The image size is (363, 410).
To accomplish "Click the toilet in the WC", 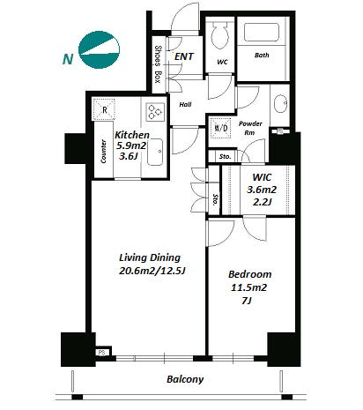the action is (x=220, y=35).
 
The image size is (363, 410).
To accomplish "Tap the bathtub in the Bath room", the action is (x=262, y=32).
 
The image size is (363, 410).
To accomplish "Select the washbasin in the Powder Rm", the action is (x=280, y=103).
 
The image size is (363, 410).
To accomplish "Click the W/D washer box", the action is (x=221, y=128).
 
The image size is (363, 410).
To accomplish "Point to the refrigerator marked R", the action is (x=104, y=109).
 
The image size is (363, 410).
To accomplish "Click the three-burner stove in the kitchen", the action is (x=155, y=112).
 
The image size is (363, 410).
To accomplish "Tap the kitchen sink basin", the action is (x=155, y=152).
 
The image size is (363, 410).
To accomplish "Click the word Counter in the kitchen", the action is (x=103, y=151).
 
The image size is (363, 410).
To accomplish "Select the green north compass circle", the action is (x=99, y=50).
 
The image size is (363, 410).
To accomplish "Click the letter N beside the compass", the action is (x=68, y=59).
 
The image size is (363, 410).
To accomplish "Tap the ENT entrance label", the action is (x=184, y=56).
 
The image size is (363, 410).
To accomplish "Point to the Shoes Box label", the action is (x=158, y=64).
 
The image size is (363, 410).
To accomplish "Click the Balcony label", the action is (x=185, y=379).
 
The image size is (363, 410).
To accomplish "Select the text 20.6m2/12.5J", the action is (x=152, y=271).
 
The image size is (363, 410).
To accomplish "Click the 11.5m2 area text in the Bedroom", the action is (x=248, y=287).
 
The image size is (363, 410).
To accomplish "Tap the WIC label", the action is (x=262, y=177).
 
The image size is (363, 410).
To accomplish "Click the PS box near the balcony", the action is (x=102, y=352).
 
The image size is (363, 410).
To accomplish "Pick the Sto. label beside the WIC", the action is (x=215, y=199).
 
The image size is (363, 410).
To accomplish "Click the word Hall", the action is (x=185, y=104).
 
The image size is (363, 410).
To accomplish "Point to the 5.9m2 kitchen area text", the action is (x=131, y=145).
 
